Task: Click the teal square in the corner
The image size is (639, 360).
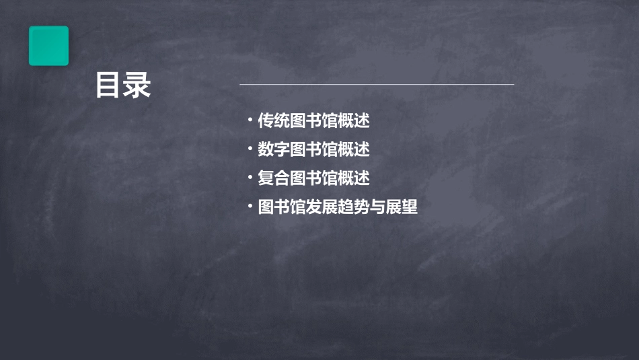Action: tap(48, 46)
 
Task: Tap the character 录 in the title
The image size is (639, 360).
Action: tap(138, 85)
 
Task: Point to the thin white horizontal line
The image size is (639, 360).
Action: tap(377, 85)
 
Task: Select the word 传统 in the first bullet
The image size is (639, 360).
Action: tap(274, 121)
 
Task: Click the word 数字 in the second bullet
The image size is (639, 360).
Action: tap(274, 149)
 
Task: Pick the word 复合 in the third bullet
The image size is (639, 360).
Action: tap(274, 178)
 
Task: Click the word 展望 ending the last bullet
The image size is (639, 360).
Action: tap(402, 207)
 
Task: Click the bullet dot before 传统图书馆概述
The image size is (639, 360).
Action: tap(250, 121)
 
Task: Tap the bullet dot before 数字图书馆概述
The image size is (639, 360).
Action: tap(250, 149)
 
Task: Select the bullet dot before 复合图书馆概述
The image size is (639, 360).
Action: tap(250, 178)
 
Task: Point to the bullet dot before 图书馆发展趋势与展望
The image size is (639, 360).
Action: tap(250, 207)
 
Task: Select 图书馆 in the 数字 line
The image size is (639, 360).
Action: tap(313, 149)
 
